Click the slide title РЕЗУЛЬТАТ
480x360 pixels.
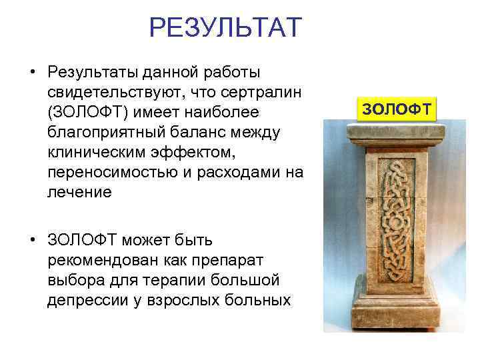coord(225,28)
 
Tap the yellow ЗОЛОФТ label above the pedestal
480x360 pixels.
coord(396,107)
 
